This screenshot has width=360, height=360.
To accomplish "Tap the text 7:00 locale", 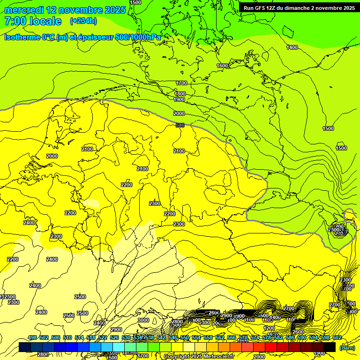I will (32, 21).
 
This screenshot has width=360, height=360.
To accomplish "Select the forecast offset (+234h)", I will (83, 21).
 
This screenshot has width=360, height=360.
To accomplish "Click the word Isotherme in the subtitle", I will (22, 37).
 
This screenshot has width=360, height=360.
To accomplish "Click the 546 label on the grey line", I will (180, 125).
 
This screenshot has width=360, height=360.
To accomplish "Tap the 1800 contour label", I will (180, 94).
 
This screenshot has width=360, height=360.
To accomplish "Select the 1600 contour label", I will (222, 66).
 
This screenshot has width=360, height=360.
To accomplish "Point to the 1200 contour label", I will (269, 328).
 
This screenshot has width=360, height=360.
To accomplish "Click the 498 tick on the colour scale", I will (32, 338).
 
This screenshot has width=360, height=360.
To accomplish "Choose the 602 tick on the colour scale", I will (337, 338).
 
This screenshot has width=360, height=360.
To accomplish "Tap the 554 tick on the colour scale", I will (196, 338).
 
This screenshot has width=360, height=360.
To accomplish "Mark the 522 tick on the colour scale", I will (103, 338).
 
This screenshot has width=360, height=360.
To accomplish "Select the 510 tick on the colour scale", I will (67, 338).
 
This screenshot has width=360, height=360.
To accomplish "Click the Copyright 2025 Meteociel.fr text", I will (199, 357).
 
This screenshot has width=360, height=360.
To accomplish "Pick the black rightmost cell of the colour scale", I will (330, 347).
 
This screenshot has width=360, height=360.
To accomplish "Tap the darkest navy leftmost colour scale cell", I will (25, 347).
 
